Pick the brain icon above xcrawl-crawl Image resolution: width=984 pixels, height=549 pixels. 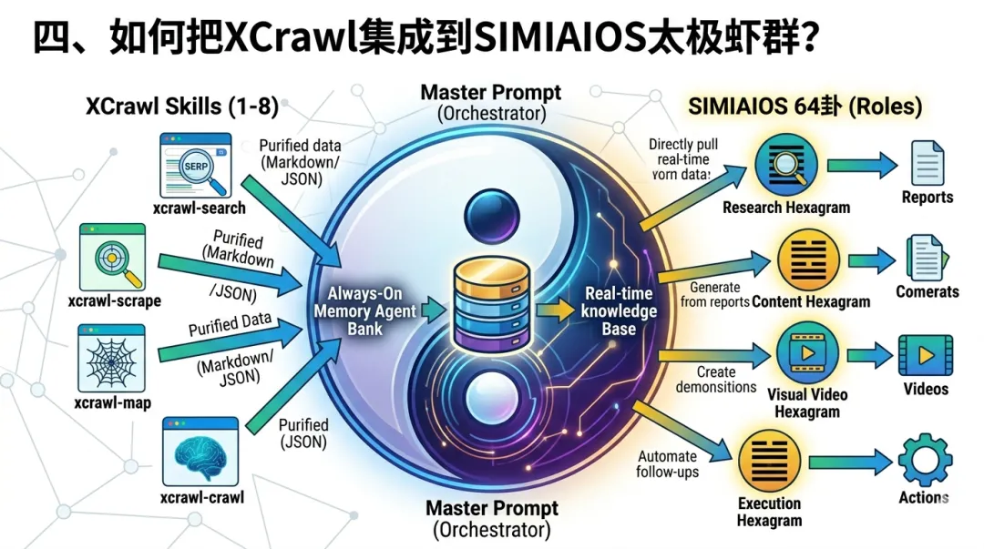200,452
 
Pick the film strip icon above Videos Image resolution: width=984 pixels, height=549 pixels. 925,356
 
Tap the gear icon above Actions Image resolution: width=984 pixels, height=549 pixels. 925,461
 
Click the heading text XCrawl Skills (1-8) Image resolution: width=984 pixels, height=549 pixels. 182,106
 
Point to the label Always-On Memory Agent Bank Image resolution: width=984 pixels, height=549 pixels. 365,310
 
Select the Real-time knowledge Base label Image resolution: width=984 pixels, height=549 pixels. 620,310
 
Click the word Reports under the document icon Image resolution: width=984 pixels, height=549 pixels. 928,198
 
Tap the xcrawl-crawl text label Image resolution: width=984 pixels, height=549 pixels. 202,497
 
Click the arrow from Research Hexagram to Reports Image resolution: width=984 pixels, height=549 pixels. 860,166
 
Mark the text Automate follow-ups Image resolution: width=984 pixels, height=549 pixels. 667,464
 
